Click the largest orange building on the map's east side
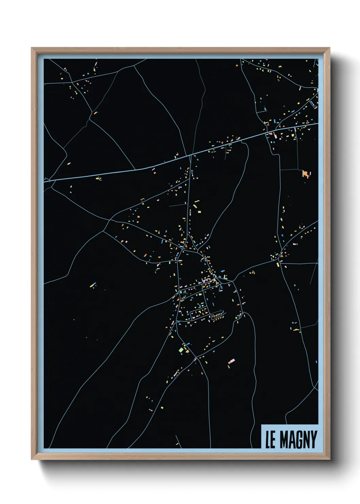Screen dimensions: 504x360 pyautogui.click(x=305, y=174)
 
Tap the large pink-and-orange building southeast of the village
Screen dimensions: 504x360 pyautogui.click(x=232, y=361)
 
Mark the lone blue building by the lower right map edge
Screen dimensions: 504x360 pyautogui.click(x=316, y=362)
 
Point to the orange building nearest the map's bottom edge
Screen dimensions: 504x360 pyautogui.click(x=177, y=444)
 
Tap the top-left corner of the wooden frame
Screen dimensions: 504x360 pyautogui.click(x=32, y=48)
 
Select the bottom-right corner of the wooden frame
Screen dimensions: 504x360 pyautogui.click(x=329, y=459)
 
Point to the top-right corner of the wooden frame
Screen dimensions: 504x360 pyautogui.click(x=329, y=48)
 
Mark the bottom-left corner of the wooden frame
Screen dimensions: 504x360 pyautogui.click(x=32, y=459)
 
